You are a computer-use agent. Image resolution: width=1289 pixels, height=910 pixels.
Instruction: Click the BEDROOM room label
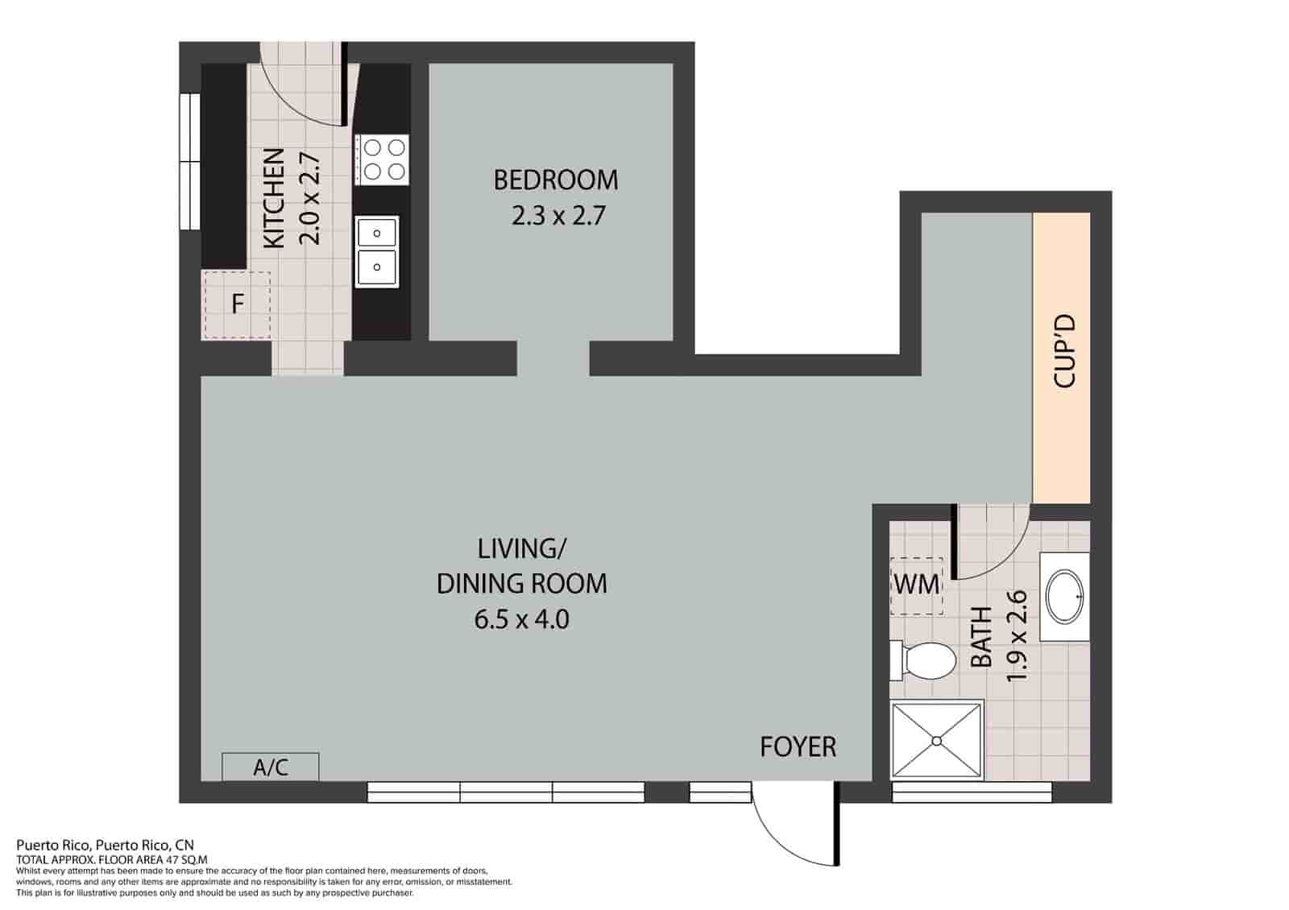click(x=555, y=180)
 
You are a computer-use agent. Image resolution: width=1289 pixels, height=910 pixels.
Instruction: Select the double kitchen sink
click(x=376, y=250)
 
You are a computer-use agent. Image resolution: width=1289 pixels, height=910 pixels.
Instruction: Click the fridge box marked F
click(x=237, y=305)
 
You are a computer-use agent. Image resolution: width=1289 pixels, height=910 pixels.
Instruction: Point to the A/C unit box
click(x=271, y=767)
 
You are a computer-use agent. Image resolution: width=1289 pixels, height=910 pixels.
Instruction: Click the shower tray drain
click(x=937, y=740)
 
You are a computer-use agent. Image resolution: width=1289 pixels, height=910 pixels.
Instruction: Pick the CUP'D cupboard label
click(x=1063, y=352)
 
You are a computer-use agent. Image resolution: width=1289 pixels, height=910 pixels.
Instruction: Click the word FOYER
click(x=798, y=747)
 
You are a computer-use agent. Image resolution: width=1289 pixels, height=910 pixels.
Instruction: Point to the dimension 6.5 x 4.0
click(x=521, y=619)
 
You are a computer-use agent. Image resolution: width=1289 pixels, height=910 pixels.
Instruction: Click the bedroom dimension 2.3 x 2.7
click(x=557, y=216)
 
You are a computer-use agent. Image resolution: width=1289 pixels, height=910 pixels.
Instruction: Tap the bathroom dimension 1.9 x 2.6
click(x=1017, y=635)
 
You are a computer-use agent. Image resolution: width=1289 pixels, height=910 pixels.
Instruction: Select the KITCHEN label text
click(x=275, y=198)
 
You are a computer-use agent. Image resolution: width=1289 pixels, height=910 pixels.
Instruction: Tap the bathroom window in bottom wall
click(x=972, y=792)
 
